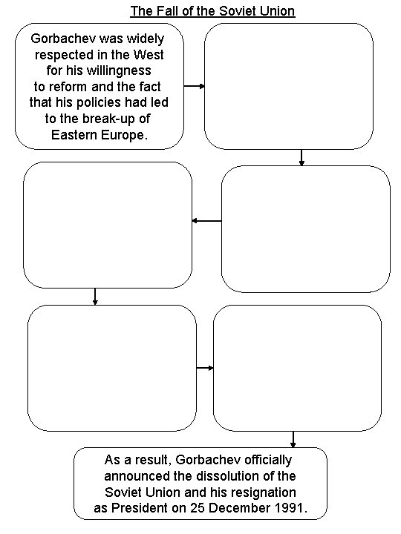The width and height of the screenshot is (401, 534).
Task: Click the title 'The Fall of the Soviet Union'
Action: [212, 11]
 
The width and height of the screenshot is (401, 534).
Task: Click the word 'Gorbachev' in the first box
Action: [58, 38]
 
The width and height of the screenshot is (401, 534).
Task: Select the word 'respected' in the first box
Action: [63, 55]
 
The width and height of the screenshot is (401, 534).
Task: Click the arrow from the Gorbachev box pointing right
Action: [195, 86]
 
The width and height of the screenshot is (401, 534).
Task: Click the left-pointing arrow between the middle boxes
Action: [206, 220]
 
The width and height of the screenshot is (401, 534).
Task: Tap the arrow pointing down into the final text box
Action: [293, 439]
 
